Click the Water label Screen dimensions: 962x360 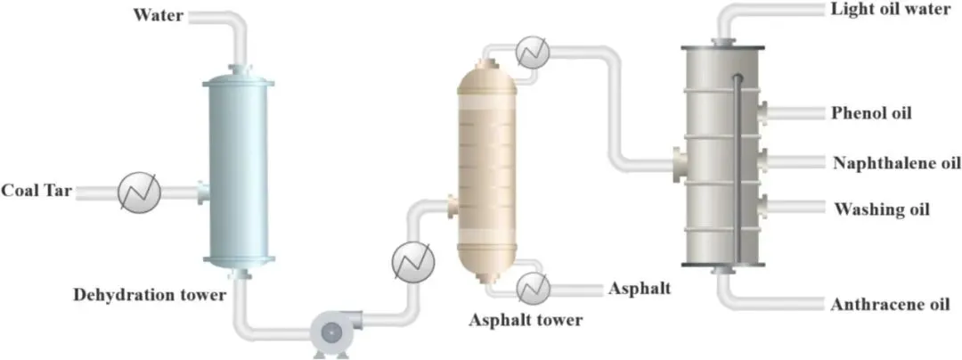[158, 15]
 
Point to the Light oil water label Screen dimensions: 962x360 [886, 10]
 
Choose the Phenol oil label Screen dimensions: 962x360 [871, 113]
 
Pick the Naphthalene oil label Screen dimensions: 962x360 [896, 162]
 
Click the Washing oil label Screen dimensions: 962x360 [881, 210]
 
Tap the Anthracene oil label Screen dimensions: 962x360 [890, 305]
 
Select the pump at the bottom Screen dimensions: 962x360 [329, 331]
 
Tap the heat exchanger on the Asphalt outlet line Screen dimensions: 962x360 [532, 287]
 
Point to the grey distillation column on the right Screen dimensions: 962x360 [722, 156]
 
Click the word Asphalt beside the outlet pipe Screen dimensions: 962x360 [640, 288]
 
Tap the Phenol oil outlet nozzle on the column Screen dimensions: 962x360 [765, 113]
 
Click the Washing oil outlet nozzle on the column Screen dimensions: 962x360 [765, 208]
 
